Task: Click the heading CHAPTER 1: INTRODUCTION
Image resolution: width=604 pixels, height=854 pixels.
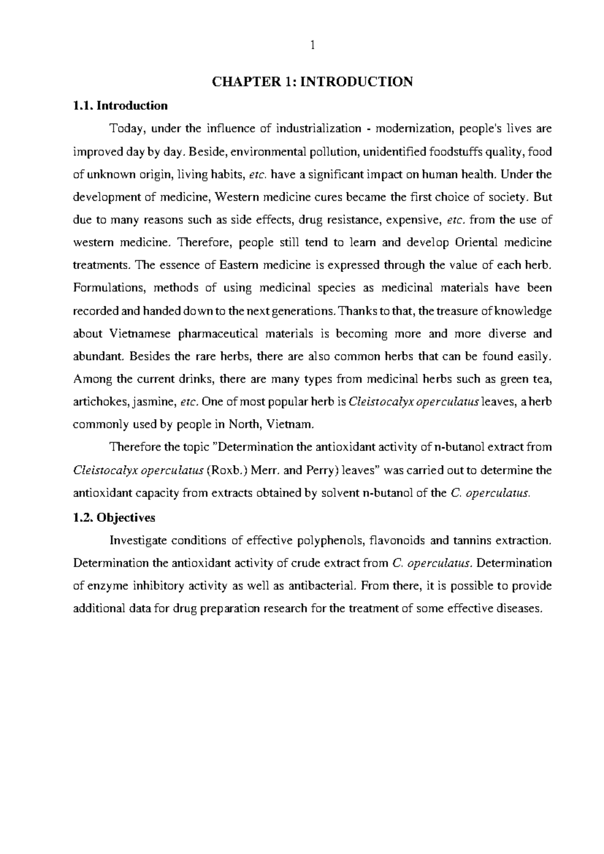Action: coord(312,82)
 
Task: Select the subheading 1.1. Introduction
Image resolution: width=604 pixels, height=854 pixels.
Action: coord(120,106)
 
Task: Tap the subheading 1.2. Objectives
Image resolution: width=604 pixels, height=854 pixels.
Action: coord(114,518)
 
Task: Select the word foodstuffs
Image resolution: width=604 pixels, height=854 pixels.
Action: coord(455,152)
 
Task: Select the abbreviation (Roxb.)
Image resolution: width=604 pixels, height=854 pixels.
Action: coord(228,471)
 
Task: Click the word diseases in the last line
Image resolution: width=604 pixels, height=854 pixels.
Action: coord(522,609)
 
